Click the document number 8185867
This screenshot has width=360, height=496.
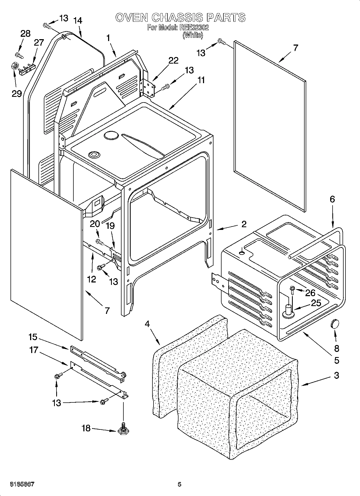pos(22,484)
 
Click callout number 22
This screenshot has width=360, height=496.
pos(173,61)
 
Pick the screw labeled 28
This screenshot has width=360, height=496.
pos(19,55)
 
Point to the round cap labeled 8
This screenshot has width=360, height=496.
pos(334,324)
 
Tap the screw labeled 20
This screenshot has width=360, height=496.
pos(100,242)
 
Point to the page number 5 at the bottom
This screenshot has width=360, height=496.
pos(180,484)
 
